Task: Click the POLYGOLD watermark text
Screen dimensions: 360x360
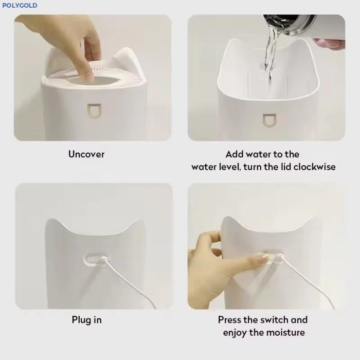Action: point(20,6)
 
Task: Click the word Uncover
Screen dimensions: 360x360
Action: point(86,154)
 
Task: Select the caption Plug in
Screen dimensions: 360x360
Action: point(87,320)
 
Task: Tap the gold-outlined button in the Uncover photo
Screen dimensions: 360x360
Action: point(94,111)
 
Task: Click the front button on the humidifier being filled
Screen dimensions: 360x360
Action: point(269,120)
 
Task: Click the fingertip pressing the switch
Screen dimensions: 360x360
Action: point(263,258)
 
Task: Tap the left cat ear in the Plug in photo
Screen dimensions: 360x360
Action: point(55,226)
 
